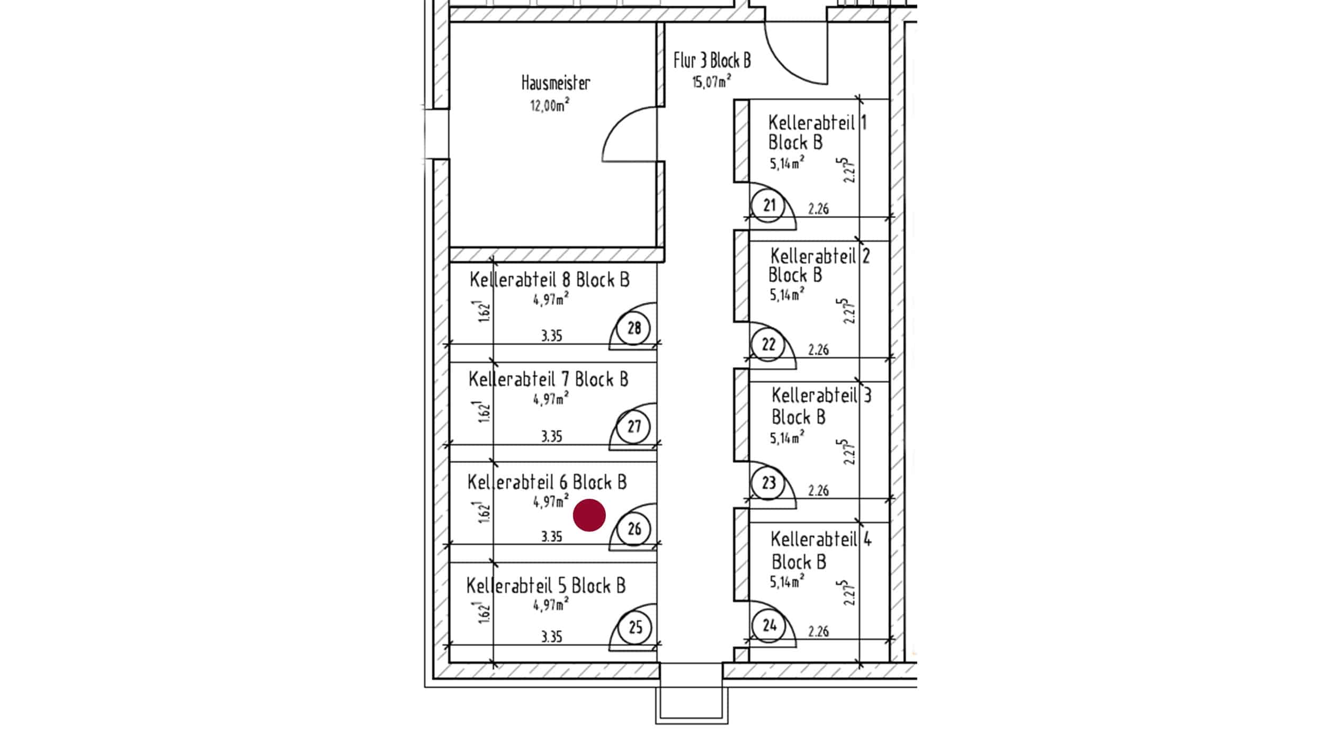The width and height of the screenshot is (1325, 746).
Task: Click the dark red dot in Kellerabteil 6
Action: [589, 515]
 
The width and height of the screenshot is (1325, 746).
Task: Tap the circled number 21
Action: [769, 205]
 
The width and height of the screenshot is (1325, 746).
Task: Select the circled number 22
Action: [768, 345]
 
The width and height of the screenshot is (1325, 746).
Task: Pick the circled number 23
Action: [768, 483]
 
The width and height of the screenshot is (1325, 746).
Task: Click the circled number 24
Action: [769, 626]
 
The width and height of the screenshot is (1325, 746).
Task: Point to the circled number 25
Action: [635, 628]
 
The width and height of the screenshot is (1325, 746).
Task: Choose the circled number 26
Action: [634, 528]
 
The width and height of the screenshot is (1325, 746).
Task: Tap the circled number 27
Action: [634, 427]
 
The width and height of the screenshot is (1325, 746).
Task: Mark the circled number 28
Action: [634, 329]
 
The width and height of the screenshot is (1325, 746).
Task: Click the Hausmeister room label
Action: [556, 83]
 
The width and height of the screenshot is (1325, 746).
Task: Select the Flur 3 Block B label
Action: [712, 60]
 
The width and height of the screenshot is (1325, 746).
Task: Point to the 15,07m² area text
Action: [712, 82]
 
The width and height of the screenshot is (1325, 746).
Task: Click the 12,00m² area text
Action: [550, 105]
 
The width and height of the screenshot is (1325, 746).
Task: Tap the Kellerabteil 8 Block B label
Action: [550, 280]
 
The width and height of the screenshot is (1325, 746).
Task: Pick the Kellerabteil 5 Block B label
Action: [546, 586]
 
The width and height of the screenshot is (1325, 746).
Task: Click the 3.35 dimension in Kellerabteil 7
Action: [551, 437]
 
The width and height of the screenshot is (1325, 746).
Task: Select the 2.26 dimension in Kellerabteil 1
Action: [818, 209]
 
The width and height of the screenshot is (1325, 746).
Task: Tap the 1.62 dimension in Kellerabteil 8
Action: [484, 312]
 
